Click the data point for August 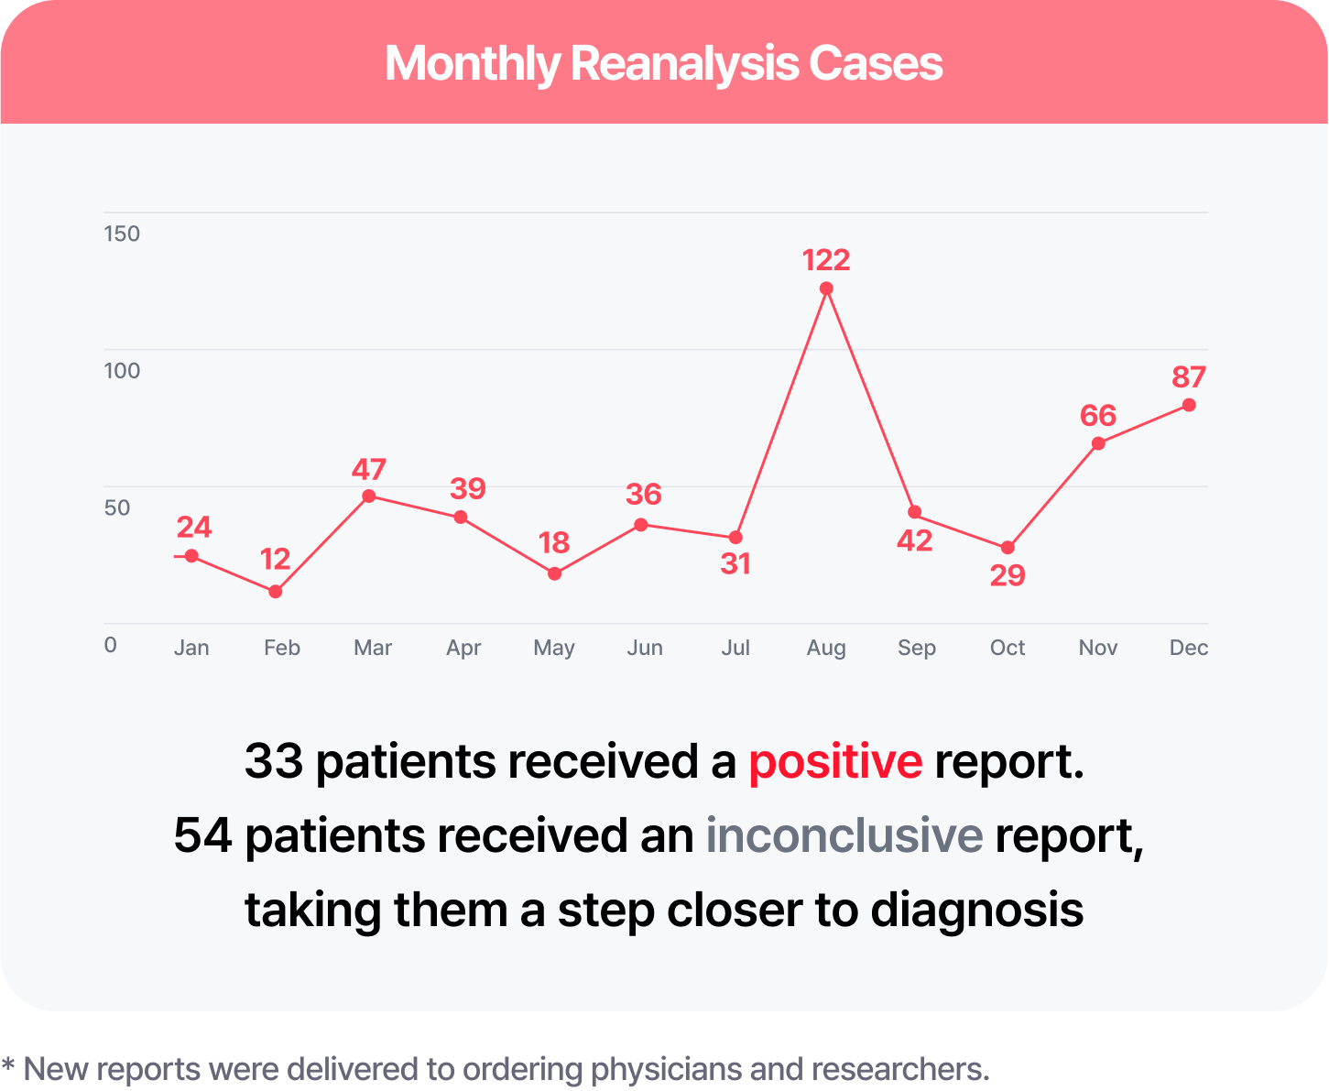tap(826, 289)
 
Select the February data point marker tap(276, 592)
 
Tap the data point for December tap(1189, 405)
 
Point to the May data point tap(554, 574)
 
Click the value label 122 tap(826, 260)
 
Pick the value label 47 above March tap(369, 470)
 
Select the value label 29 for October tap(1008, 575)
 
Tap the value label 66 tap(1098, 416)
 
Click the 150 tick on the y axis tap(122, 234)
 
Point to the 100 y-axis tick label tap(122, 371)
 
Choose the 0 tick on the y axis tap(111, 645)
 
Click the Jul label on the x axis tap(735, 648)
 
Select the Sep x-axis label tap(917, 648)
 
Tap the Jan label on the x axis tap(191, 648)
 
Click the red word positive tap(835, 762)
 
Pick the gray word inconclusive tap(844, 835)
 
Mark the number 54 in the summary tap(202, 835)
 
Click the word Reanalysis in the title tap(683, 63)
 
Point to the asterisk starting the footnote tap(9, 1066)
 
